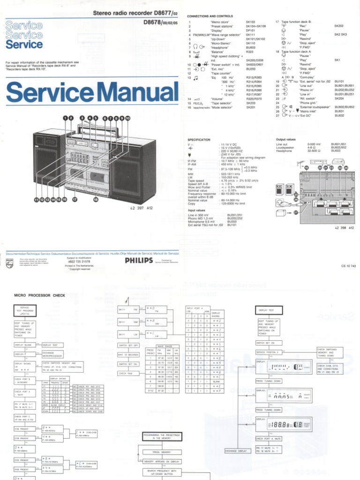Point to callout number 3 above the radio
(x=82, y=118)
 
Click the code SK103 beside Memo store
(x=250, y=22)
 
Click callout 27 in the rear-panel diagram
(x=295, y=212)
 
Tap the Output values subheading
(x=286, y=140)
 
